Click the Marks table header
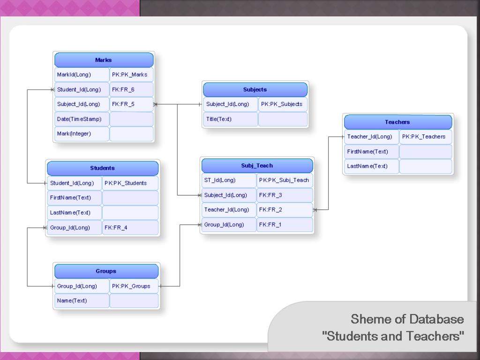pos(104,60)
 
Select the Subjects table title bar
pos(255,90)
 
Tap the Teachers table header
pos(397,122)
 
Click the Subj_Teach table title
pos(257,165)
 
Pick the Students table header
pos(102,168)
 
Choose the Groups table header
pos(106,271)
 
